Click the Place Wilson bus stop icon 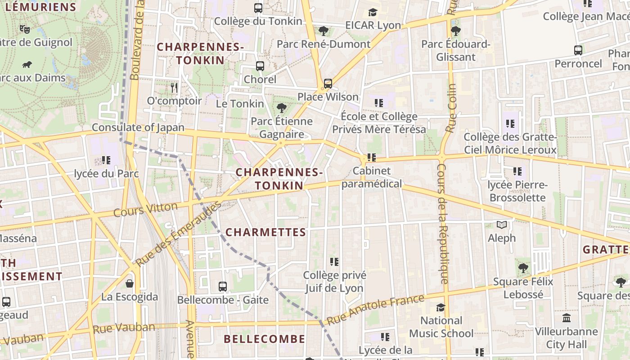(328, 84)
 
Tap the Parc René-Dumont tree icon (323, 31)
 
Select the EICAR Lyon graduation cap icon (373, 12)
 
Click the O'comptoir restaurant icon (175, 87)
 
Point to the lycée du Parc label (106, 174)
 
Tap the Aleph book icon (502, 225)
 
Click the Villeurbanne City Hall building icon (567, 318)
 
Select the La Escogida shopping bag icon (130, 283)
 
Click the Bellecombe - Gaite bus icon (223, 286)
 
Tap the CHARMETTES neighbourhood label (265, 233)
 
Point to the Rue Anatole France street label (375, 310)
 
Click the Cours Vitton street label (145, 210)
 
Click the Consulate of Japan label (138, 127)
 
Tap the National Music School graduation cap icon (441, 307)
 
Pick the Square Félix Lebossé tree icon (523, 269)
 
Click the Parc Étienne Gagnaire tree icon (282, 108)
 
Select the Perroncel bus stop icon (578, 50)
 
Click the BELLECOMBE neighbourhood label (264, 339)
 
